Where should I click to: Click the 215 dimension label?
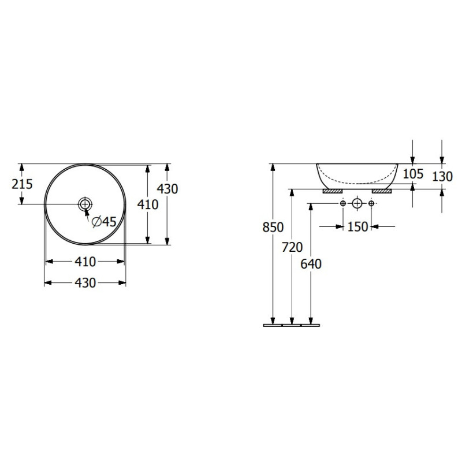[x=22, y=184]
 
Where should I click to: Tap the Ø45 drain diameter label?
[x=104, y=222]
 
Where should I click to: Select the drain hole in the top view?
[x=85, y=204]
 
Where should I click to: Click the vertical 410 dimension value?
[x=148, y=204]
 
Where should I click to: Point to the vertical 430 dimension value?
[x=167, y=189]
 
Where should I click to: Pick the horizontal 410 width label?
[x=85, y=262]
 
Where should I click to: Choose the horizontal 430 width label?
[x=85, y=283]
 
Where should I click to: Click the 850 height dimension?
[x=273, y=227]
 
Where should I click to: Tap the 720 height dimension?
[x=292, y=247]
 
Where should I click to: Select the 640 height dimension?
[x=311, y=264]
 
